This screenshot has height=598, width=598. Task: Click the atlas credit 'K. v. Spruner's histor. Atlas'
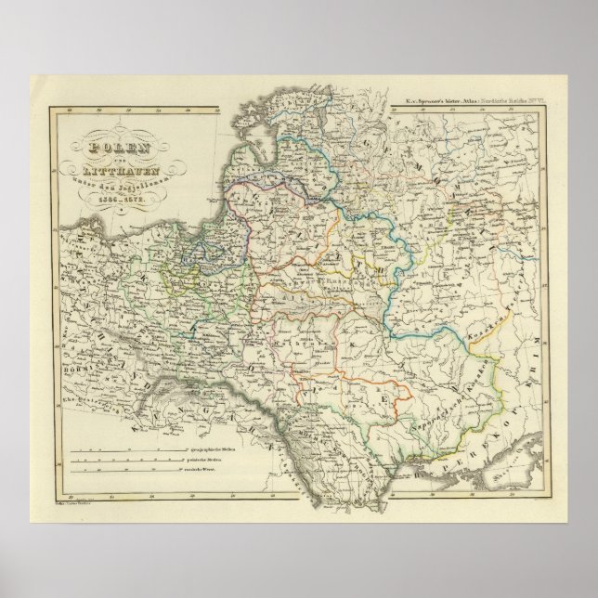click(440, 100)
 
